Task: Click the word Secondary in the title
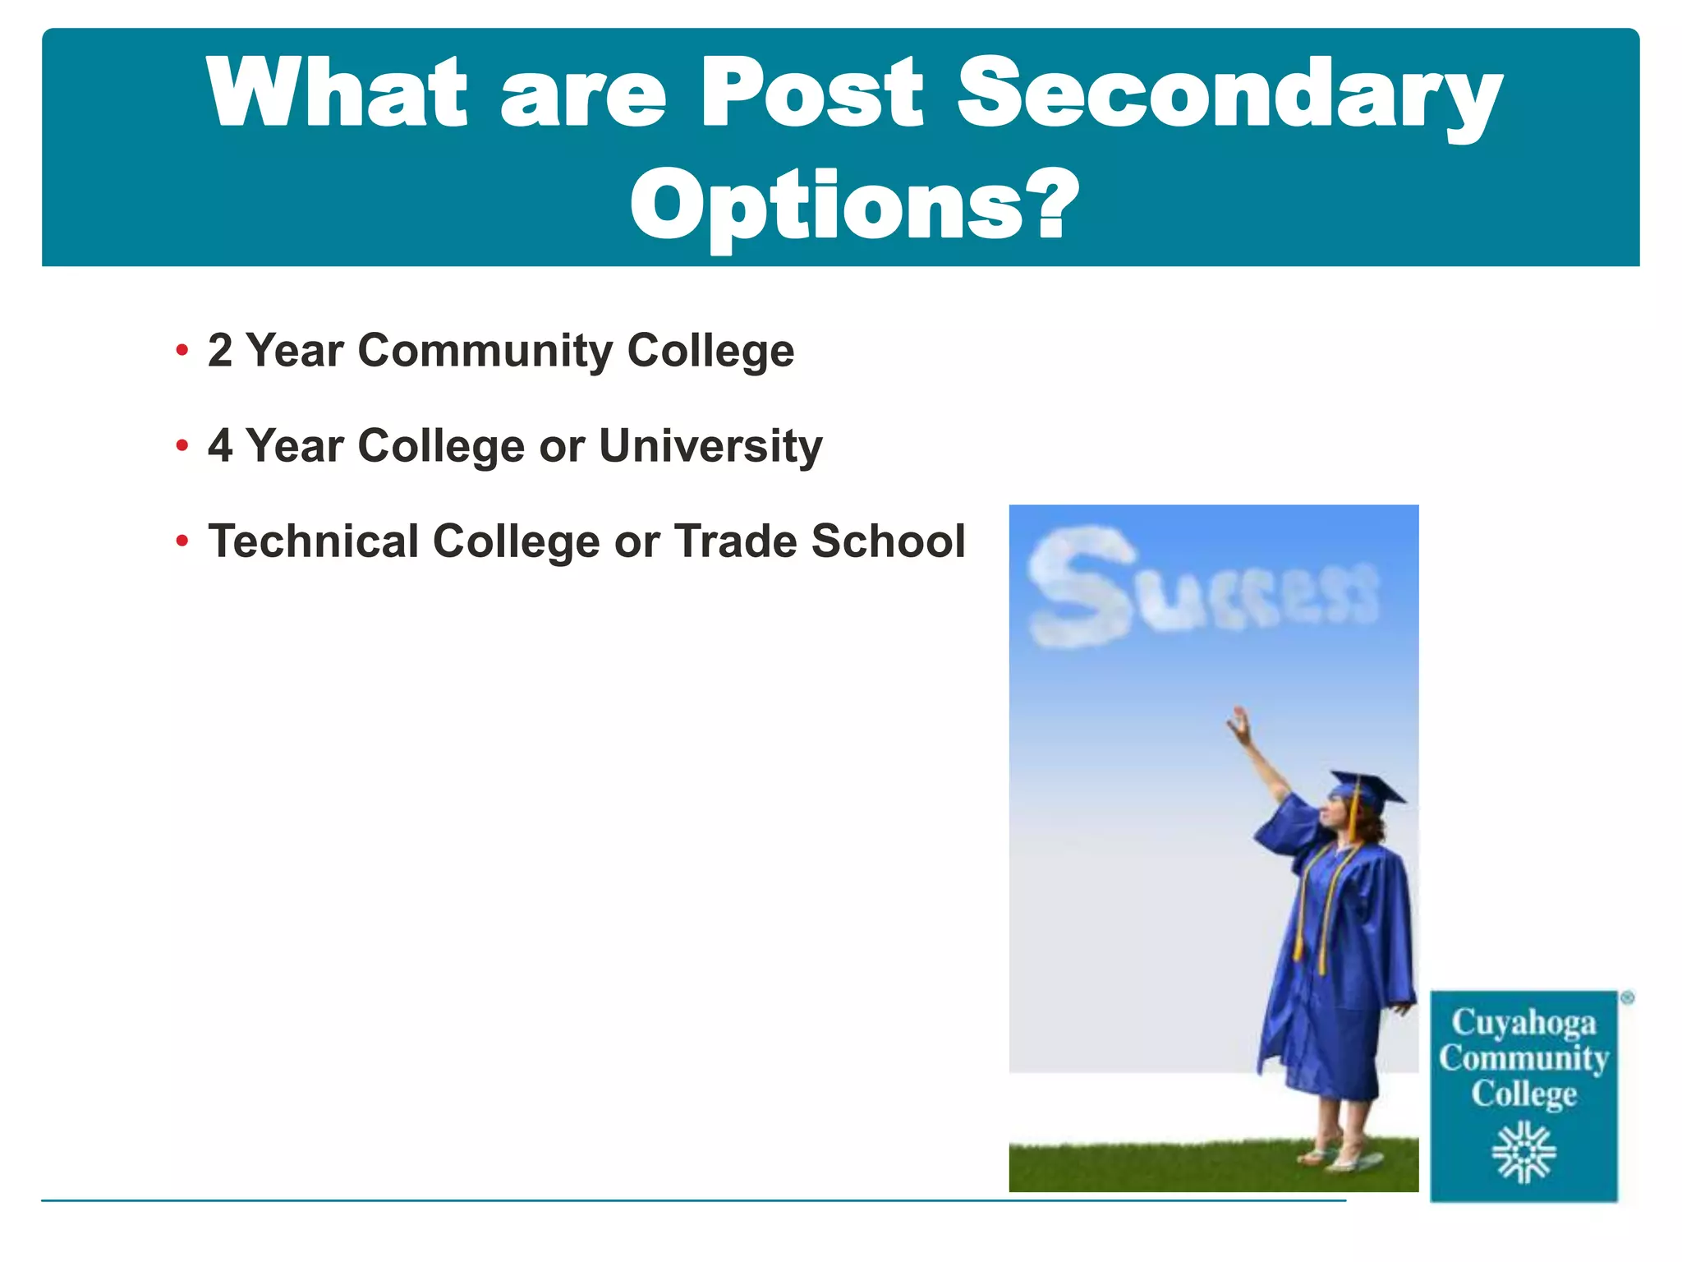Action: tap(1229, 94)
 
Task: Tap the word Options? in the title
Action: tap(853, 205)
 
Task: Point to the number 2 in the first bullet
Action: tap(220, 351)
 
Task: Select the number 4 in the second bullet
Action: tap(220, 446)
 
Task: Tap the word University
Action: tap(710, 446)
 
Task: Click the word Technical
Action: tap(313, 541)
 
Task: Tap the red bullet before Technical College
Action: tap(182, 541)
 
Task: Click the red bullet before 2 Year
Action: tap(182, 351)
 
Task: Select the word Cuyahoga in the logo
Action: tap(1523, 1023)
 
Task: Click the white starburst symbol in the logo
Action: tap(1523, 1153)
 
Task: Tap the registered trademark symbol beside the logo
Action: tap(1627, 998)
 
